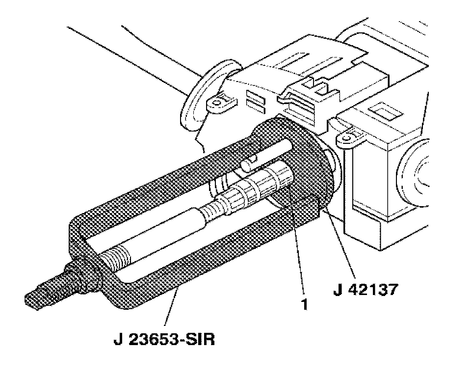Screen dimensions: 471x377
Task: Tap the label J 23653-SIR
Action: tap(164, 339)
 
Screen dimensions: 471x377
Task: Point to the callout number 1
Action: tap(304, 304)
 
